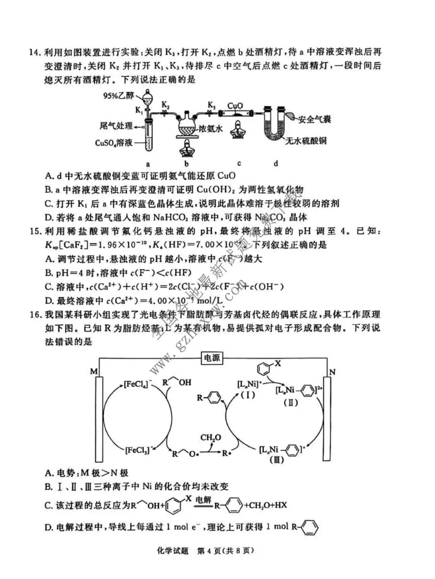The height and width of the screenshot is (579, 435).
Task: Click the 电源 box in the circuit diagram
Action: [x=211, y=358]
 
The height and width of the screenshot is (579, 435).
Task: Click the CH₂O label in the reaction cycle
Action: [x=211, y=437]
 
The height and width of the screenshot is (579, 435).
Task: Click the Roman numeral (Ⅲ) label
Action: [x=276, y=460]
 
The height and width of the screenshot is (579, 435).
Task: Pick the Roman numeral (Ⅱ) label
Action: [x=290, y=402]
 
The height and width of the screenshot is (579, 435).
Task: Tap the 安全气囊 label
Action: [x=315, y=119]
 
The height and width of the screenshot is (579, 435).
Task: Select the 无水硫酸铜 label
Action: [x=306, y=141]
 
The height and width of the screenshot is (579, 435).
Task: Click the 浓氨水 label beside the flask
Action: [x=210, y=129]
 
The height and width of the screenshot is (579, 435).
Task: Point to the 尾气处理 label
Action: [x=116, y=126]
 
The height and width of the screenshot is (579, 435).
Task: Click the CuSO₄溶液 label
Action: [x=114, y=143]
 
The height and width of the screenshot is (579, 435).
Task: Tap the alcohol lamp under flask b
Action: [x=186, y=149]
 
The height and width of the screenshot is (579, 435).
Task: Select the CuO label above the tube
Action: [x=235, y=106]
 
